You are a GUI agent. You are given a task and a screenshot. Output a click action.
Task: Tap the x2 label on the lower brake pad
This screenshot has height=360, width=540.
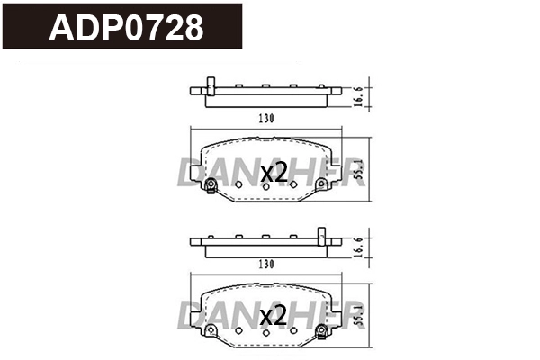[x=273, y=315]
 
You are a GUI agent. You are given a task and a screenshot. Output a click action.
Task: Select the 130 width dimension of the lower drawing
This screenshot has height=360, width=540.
[x=264, y=265]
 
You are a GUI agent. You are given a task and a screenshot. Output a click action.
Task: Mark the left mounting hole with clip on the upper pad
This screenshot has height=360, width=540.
[x=211, y=185]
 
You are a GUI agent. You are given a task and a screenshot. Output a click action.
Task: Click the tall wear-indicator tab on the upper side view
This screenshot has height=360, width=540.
[x=210, y=85]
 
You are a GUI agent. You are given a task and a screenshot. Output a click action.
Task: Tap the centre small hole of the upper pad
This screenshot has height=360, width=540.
[x=265, y=186]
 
